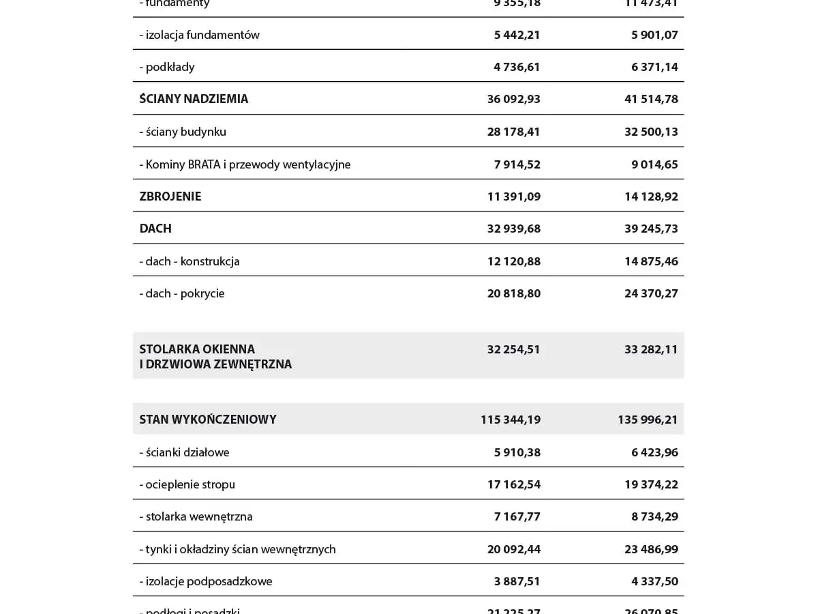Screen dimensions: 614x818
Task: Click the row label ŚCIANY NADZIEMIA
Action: coord(194,99)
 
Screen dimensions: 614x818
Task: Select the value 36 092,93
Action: coord(513,99)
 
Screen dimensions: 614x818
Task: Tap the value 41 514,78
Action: coord(651,99)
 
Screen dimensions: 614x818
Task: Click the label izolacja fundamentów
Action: coord(202,35)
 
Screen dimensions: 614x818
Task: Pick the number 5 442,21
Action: coord(517,35)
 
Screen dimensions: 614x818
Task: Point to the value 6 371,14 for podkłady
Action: coord(654,67)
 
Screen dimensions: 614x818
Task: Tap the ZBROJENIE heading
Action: coord(170,196)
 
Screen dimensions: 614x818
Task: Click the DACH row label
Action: coord(155,229)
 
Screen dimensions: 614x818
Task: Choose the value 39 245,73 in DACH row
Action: coord(651,229)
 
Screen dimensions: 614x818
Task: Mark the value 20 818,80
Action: coord(513,293)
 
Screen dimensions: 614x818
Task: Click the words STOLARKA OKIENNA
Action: coord(197,349)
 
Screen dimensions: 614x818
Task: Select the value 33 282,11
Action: coord(651,349)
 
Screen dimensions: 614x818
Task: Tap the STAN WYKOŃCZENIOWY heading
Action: coord(208,420)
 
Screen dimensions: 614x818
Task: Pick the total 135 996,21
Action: coord(648,420)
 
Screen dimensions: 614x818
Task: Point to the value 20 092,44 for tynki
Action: coord(513,549)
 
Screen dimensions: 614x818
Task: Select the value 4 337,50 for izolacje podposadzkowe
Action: coord(654,581)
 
